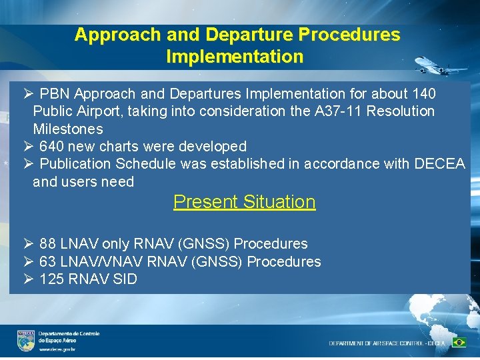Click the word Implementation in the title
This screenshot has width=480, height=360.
click(235, 57)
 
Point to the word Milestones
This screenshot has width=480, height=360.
click(68, 129)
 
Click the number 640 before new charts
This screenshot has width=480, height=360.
click(53, 146)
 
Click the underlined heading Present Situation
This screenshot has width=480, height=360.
click(244, 202)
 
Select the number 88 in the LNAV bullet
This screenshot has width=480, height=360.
click(47, 244)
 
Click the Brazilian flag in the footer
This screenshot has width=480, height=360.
click(459, 342)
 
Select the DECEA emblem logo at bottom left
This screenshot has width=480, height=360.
click(26, 341)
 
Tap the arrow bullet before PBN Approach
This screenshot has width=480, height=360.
click(27, 93)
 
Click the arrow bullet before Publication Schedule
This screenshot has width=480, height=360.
click(27, 164)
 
